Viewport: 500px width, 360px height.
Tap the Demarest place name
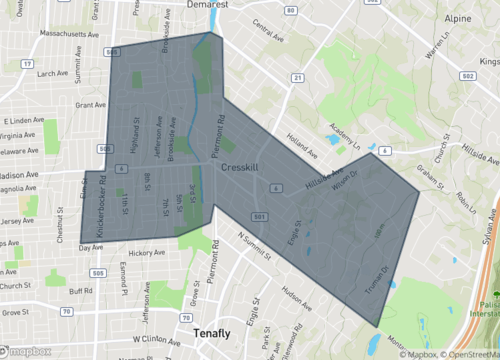click(233, 5)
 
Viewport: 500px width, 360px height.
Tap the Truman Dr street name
click(384, 279)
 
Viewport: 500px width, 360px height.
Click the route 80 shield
click(290, 10)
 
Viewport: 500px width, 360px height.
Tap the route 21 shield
click(297, 77)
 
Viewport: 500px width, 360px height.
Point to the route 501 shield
click(259, 216)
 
